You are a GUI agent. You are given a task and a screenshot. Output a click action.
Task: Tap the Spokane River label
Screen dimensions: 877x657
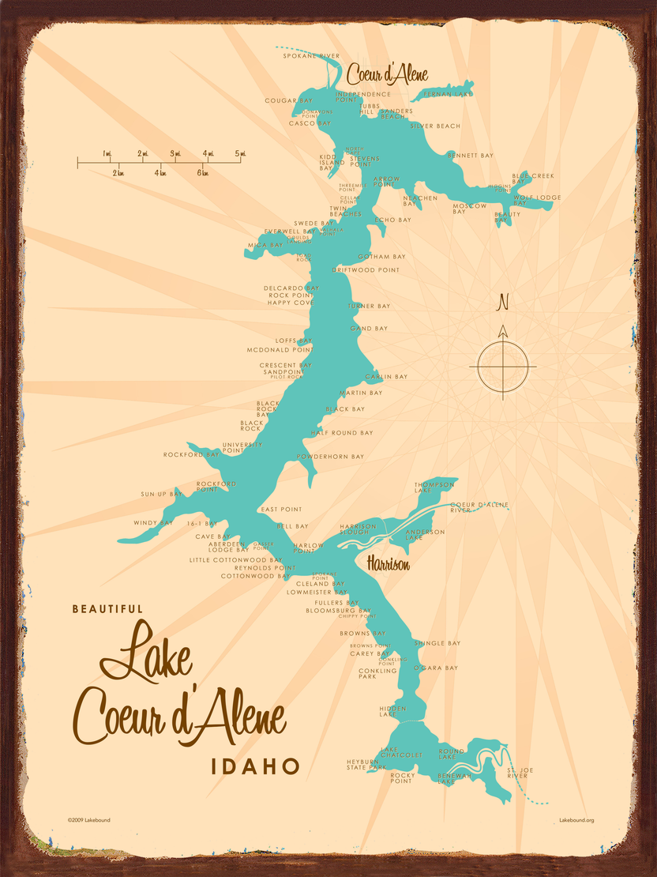point(312,56)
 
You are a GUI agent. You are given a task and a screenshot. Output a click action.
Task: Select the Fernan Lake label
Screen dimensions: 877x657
point(448,94)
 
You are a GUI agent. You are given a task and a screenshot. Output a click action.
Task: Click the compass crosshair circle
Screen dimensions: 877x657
point(502,367)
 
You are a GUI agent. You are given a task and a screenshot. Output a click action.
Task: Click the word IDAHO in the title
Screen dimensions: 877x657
point(255,766)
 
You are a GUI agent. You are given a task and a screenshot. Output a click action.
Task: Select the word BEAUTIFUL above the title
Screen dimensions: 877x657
point(107,609)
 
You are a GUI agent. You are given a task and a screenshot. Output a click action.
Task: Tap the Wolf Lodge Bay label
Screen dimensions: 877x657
point(537,198)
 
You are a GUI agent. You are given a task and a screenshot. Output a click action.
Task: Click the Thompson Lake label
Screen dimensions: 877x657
point(435,487)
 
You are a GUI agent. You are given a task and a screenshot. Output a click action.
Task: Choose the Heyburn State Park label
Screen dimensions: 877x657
point(366,764)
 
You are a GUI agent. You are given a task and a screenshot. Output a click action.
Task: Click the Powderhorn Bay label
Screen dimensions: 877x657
point(330,457)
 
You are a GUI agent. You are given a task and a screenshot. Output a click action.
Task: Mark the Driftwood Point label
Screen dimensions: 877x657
point(366,270)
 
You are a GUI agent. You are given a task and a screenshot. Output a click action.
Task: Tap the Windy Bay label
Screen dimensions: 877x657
point(153,522)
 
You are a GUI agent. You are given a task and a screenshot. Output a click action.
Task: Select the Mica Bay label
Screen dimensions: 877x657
point(265,245)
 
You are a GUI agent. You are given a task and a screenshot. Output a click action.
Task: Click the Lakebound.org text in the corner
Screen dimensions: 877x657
point(576,820)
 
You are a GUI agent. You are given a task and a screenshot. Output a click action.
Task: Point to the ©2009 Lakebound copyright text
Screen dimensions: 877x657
point(88,820)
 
